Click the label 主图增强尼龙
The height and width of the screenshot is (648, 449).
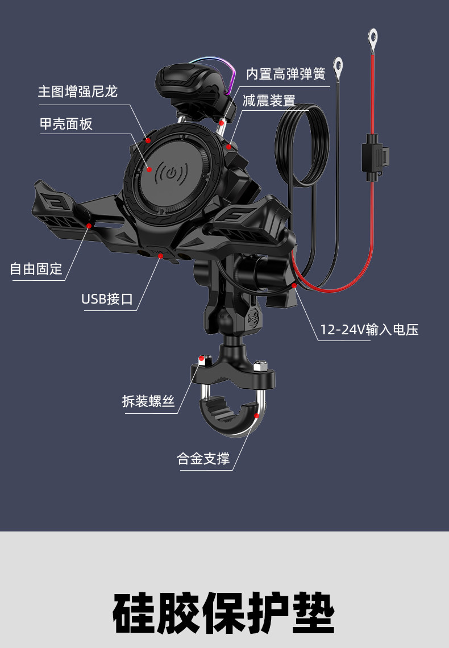coord(78,92)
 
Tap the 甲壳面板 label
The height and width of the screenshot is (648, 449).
coord(66,124)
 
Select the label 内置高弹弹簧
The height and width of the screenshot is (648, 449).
coord(285,74)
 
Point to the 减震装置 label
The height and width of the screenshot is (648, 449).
coord(269,101)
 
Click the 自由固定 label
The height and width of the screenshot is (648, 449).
coord(36,268)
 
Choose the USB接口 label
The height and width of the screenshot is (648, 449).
coord(107,298)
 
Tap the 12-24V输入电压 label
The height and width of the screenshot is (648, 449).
coord(369,330)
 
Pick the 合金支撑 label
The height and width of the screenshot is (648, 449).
coord(203,459)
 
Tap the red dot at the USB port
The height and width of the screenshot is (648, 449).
coord(161,256)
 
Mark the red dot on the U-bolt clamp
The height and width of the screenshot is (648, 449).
coord(256,416)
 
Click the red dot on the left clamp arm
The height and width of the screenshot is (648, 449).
coord(89,226)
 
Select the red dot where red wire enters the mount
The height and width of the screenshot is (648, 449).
coord(294,285)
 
